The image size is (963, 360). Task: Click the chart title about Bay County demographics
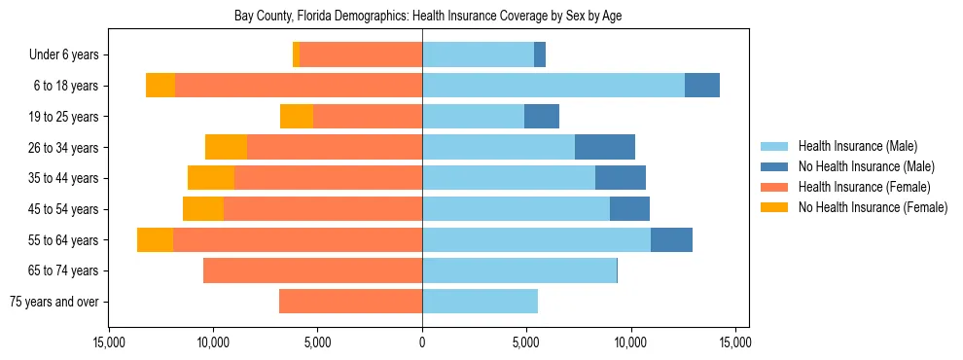429,17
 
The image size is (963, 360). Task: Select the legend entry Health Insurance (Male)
857,146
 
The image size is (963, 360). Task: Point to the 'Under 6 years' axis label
64,55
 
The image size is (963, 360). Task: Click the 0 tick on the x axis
422,343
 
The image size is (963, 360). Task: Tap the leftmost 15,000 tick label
109,343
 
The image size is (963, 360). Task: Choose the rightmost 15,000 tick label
734,343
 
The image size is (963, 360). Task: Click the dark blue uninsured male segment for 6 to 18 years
701,86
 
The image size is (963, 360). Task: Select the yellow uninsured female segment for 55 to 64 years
155,240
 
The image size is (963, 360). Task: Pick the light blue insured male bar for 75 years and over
480,302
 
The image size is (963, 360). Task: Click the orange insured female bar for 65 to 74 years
312,270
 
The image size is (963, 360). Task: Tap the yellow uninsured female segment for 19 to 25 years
297,117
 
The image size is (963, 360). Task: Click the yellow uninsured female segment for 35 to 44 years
211,178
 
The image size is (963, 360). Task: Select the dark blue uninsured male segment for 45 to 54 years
629,209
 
